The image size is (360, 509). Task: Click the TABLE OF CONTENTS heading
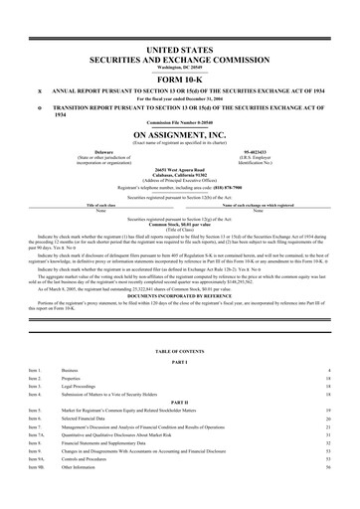[180, 354]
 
